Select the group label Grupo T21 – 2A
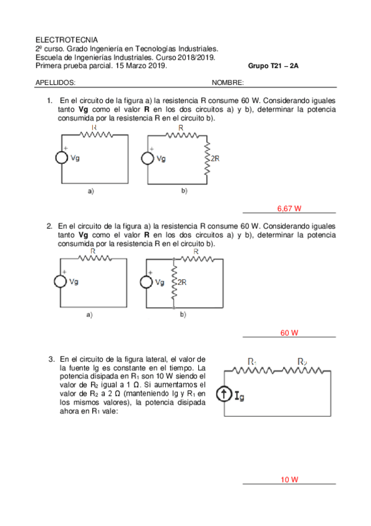[x=272, y=65]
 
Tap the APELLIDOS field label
[x=55, y=82]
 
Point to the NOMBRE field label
[x=228, y=82]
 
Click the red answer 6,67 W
[x=288, y=209]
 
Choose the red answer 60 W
[x=289, y=333]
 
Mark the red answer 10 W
[x=289, y=480]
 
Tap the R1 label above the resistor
[x=251, y=362]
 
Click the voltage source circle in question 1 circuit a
[x=63, y=158]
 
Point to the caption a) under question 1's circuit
[x=90, y=192]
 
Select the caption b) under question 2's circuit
[x=183, y=315]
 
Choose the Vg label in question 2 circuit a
[x=74, y=282]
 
